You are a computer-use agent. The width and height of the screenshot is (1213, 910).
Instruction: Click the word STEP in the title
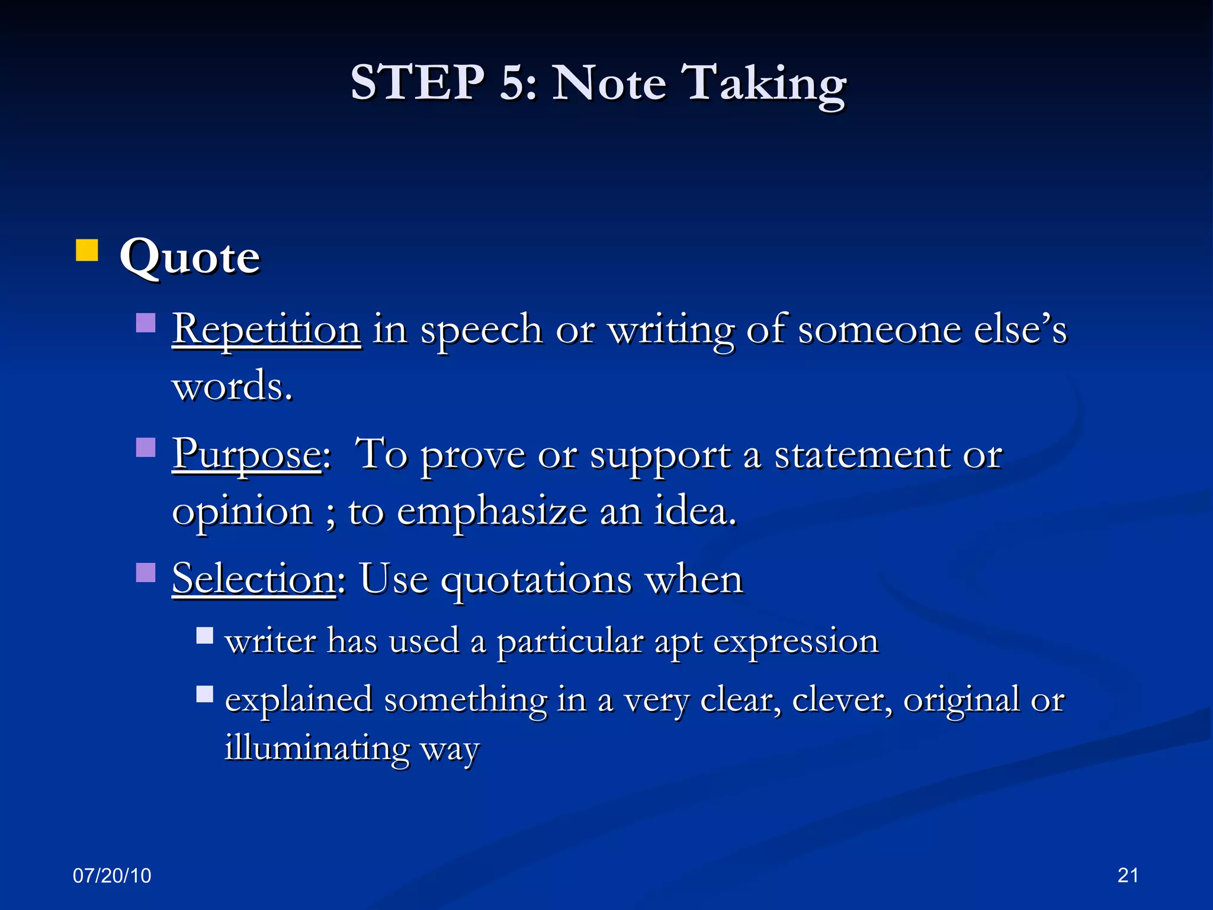click(417, 83)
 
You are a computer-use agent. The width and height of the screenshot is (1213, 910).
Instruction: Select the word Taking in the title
click(765, 84)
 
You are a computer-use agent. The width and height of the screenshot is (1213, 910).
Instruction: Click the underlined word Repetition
click(266, 329)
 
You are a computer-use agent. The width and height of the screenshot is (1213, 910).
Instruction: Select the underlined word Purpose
click(247, 455)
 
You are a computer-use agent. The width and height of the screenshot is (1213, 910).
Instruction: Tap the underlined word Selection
click(253, 579)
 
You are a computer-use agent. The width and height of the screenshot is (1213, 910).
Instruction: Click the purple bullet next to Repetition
click(146, 323)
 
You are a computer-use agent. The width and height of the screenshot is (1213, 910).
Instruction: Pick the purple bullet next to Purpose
click(146, 448)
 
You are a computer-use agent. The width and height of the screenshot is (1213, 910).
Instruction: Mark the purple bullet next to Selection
click(146, 573)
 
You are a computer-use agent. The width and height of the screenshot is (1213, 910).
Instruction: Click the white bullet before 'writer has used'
click(205, 636)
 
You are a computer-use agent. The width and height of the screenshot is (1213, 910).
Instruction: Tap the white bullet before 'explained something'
click(205, 694)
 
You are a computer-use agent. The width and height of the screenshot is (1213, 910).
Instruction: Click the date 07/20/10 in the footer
click(112, 876)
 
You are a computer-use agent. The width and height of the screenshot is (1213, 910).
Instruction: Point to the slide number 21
click(1128, 875)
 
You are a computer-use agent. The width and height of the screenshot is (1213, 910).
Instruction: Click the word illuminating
click(317, 748)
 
